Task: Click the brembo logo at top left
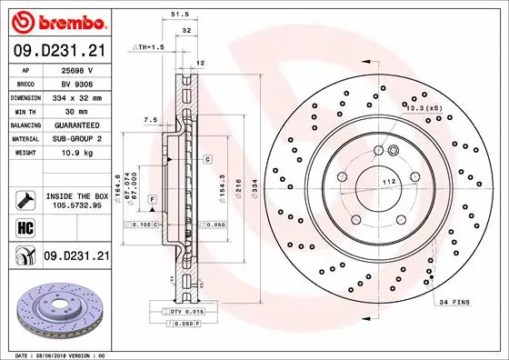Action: (57, 20)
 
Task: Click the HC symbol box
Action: (25, 225)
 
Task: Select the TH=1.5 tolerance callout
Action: (148, 45)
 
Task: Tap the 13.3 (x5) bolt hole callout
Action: (424, 108)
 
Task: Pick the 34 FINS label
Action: (454, 301)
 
